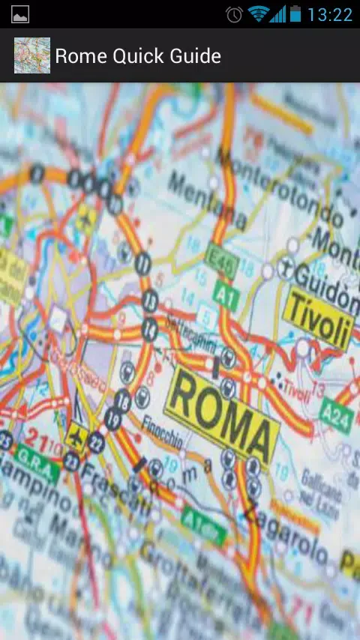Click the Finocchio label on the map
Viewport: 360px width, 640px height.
(x=161, y=432)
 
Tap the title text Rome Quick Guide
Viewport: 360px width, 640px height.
(x=138, y=56)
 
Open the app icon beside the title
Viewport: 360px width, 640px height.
(x=32, y=56)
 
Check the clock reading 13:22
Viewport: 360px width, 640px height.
(x=329, y=14)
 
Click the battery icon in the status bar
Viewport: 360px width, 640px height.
(x=295, y=14)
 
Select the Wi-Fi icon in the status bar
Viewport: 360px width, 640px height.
(x=258, y=14)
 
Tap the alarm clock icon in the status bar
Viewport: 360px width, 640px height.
(x=234, y=14)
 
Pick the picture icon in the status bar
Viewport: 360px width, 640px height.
(x=20, y=14)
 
